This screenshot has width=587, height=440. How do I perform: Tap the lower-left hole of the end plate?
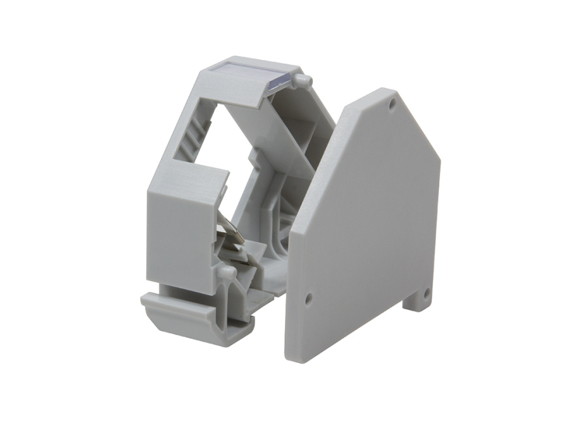pyautogui.click(x=308, y=299)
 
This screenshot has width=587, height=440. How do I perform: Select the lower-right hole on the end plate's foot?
pyautogui.click(x=426, y=294)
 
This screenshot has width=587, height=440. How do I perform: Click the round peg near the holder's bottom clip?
pyautogui.click(x=226, y=272)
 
